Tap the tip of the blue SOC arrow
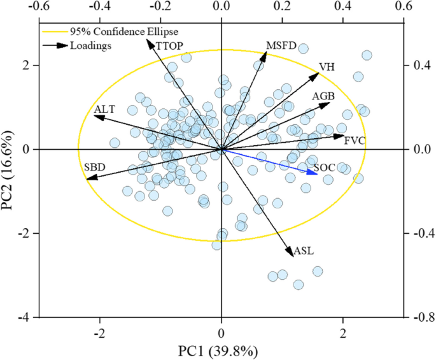[317, 173]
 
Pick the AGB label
[324, 96]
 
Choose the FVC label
[355, 141]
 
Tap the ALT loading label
[104, 110]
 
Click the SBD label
[94, 167]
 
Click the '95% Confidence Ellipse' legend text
[111, 31]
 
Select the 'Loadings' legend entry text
[92, 45]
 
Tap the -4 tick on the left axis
[25, 317]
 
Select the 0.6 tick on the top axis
[404, 6]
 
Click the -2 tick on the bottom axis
[99, 333]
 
